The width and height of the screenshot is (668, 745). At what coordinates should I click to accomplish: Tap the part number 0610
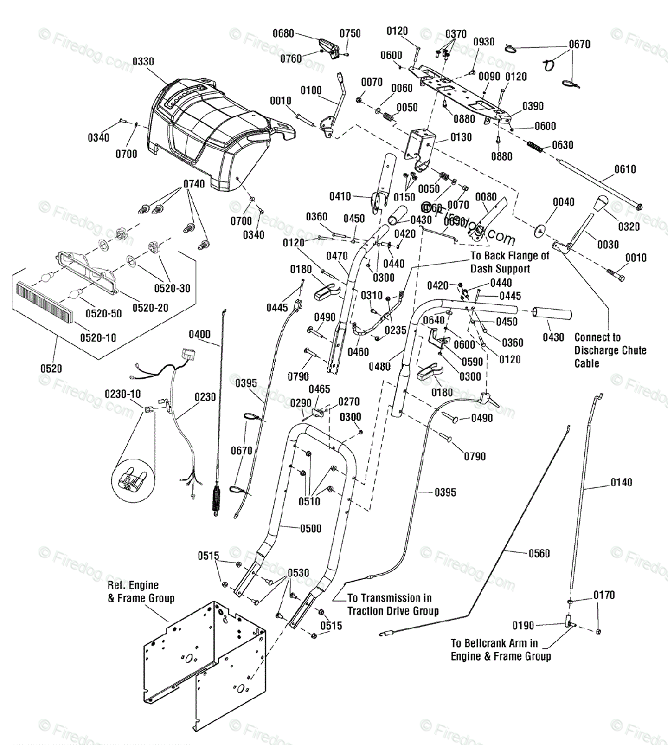coord(625,169)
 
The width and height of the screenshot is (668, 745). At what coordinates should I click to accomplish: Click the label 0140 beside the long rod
coord(621,482)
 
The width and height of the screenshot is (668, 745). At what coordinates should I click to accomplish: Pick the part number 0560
coord(539,553)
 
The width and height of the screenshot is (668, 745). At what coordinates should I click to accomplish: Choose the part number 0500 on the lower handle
coord(310,528)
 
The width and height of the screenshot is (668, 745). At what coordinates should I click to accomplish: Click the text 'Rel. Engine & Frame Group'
coord(141,592)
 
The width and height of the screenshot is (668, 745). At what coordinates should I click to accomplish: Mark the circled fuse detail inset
coord(133,476)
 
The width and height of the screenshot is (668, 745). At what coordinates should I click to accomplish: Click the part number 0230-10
coord(122,393)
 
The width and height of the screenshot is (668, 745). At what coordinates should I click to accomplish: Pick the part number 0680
coord(283,34)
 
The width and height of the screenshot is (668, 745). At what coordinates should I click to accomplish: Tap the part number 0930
coord(484,42)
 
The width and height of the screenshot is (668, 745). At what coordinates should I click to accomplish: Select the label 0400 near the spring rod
coord(199,335)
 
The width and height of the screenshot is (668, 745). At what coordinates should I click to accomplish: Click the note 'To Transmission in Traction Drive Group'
coord(392,604)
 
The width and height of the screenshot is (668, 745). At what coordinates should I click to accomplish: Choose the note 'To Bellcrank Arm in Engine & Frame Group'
coord(500,650)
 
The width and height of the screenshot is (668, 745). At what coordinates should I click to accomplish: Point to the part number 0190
coord(523,625)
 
